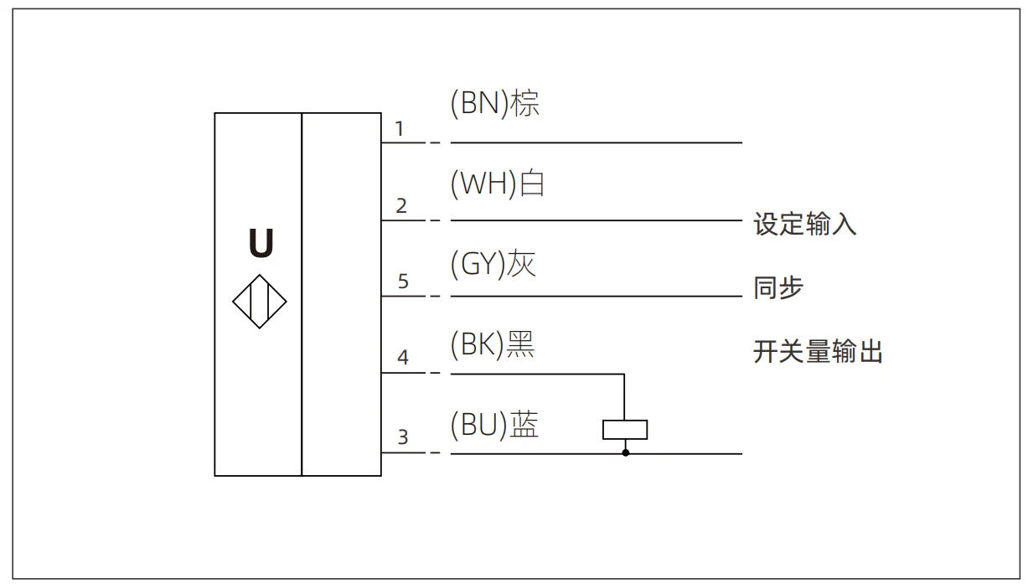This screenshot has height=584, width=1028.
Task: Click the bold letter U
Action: (261, 244)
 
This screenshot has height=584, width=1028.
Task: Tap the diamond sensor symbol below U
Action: (259, 302)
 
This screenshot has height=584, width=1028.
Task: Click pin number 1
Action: (400, 129)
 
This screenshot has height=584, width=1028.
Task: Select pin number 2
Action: (401, 206)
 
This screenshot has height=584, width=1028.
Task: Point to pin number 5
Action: (403, 282)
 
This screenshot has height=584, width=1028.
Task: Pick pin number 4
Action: (403, 358)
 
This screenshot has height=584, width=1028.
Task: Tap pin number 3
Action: (403, 437)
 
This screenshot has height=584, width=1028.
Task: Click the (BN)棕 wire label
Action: (494, 105)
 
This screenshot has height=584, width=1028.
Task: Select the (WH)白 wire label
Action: (498, 183)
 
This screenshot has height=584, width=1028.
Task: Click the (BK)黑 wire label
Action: (493, 344)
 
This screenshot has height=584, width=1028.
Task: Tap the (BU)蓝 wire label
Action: (494, 426)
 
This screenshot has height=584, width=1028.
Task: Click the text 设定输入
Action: (805, 225)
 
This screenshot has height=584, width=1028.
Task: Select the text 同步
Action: (778, 288)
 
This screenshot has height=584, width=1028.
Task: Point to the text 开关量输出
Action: (819, 352)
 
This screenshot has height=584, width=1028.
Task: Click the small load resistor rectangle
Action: (625, 430)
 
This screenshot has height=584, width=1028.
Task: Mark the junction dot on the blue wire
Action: (625, 453)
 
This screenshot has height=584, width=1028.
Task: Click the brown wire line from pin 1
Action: (595, 142)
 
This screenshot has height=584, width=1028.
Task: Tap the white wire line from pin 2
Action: (595, 220)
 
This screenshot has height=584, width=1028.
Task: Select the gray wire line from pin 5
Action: (595, 296)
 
